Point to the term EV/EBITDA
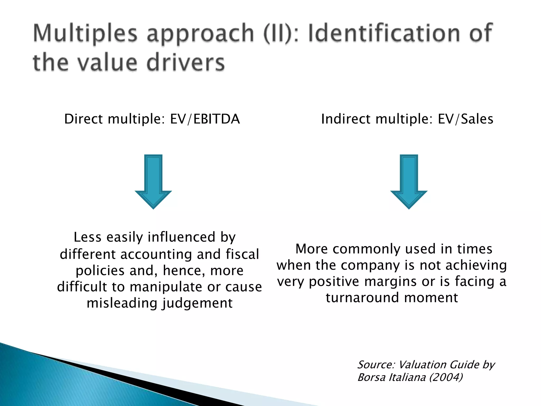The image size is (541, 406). point(205,119)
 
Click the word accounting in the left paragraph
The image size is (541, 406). point(157,254)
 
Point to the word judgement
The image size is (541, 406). point(197,303)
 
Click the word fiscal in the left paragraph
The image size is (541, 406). point(242,254)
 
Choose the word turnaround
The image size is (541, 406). point(362,298)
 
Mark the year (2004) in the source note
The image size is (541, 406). point(446,377)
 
